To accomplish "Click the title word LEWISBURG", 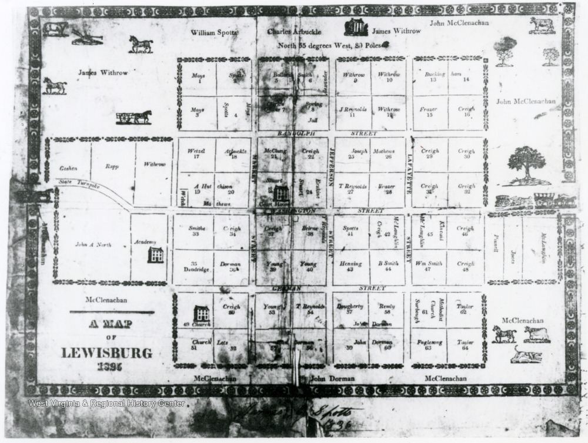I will (x=106, y=353).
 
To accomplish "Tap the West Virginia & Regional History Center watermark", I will (x=106, y=403).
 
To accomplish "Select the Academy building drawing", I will (x=156, y=254).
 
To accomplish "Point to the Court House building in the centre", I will (x=280, y=193).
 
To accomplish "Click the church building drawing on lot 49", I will (x=201, y=314).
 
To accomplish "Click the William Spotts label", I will (x=214, y=33).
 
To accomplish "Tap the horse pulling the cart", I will (x=141, y=116).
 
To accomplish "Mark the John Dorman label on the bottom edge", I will (x=332, y=379).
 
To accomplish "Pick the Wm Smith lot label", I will (x=427, y=264).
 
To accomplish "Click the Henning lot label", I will (x=350, y=264).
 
